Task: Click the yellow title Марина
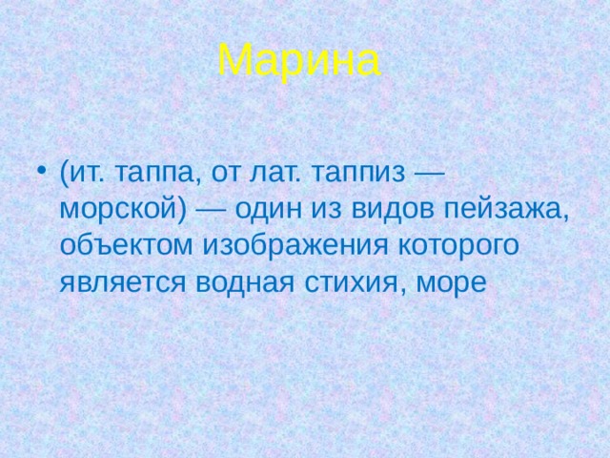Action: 298,61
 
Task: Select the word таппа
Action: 150,176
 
